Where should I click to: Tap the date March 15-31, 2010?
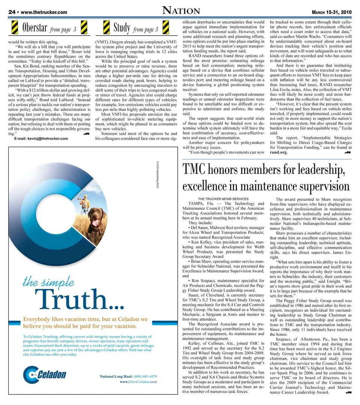click(331, 12)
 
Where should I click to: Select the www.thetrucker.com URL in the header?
click(44, 12)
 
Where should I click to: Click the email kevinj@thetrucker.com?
click(41, 139)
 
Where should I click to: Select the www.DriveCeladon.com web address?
click(138, 382)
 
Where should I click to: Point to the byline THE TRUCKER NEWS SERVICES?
click(223, 199)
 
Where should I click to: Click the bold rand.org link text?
click(278, 152)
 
